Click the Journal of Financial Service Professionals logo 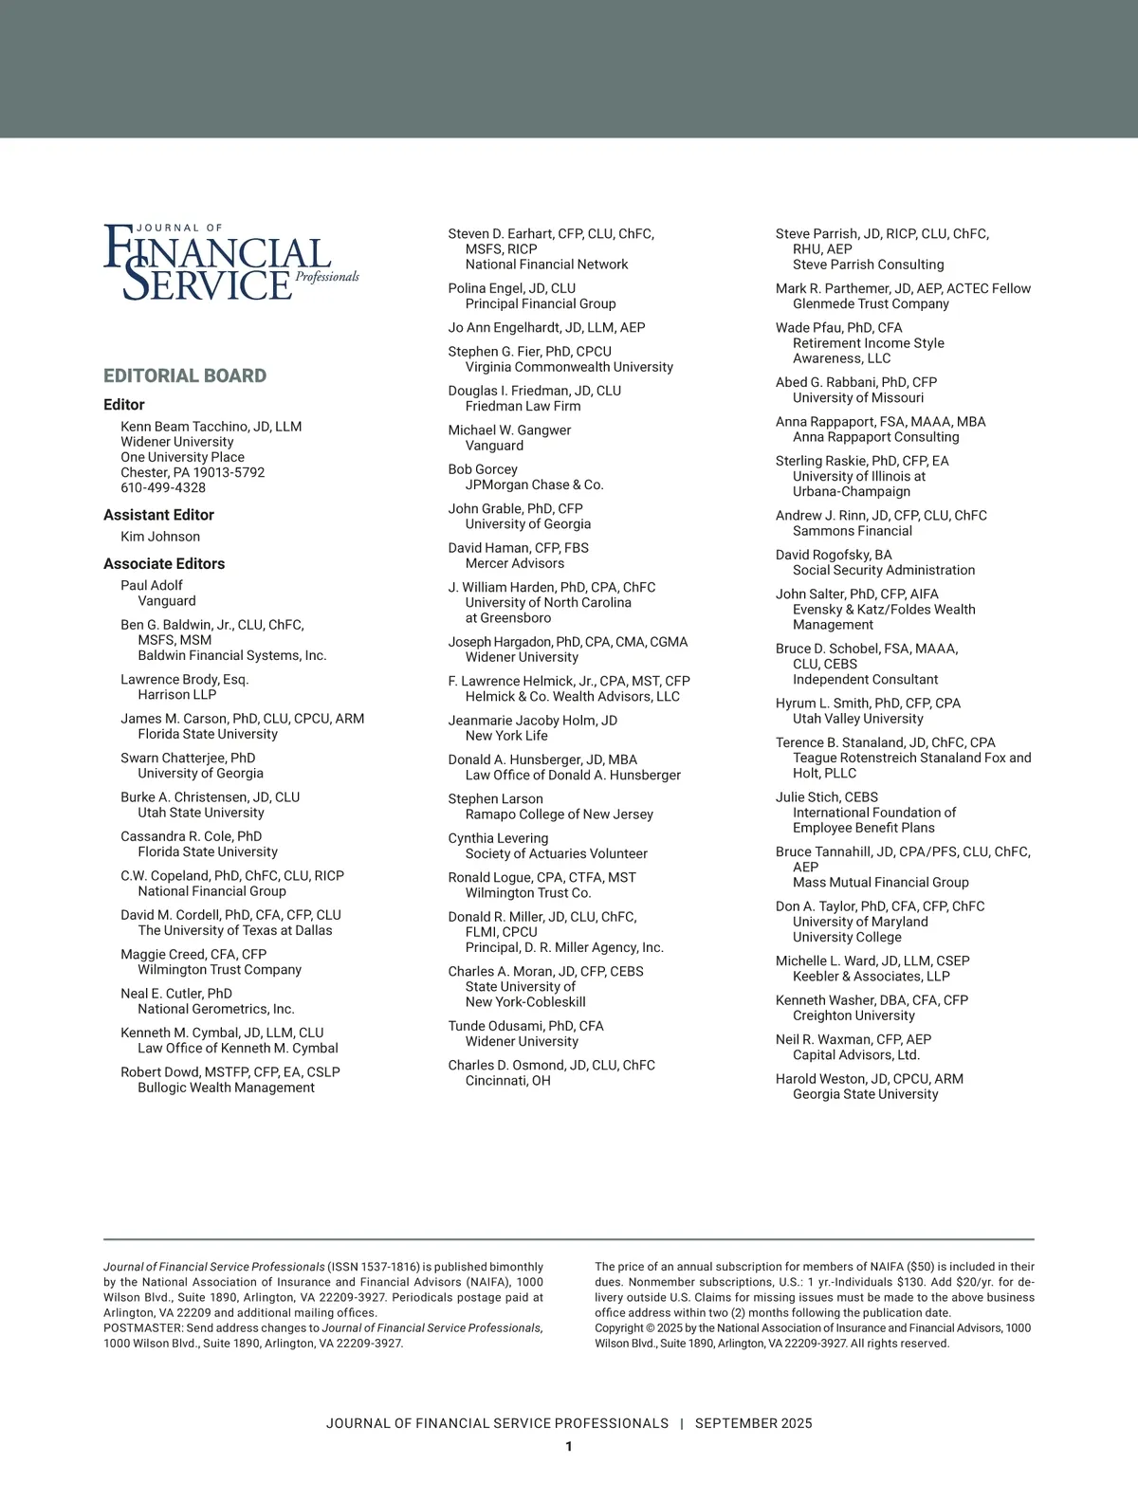click(x=230, y=262)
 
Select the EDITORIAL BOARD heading click(x=185, y=375)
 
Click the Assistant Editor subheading click(x=158, y=515)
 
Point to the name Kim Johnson click(x=160, y=537)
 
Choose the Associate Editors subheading click(x=164, y=564)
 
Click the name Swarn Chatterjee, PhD click(x=188, y=758)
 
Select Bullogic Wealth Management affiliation click(x=226, y=1088)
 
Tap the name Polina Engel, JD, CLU click(x=512, y=288)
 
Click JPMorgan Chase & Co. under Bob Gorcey click(x=534, y=485)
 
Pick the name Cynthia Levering click(x=498, y=838)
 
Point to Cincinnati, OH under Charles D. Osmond click(x=507, y=1080)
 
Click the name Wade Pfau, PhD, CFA click(x=839, y=328)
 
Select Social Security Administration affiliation click(x=884, y=570)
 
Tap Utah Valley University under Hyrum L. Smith click(x=857, y=719)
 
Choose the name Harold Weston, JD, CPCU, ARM click(x=870, y=1079)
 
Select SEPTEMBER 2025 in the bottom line click(x=753, y=1423)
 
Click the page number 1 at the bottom click(x=569, y=1446)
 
